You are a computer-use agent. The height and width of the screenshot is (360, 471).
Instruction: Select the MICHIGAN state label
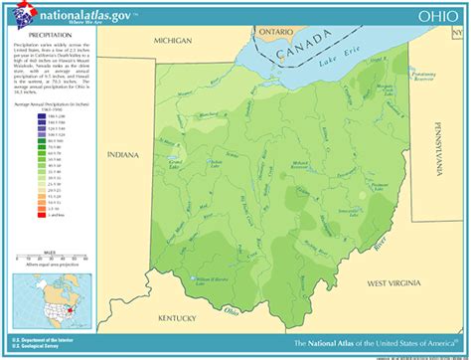[x=171, y=41]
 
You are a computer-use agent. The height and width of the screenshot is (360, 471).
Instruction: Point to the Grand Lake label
[x=175, y=161]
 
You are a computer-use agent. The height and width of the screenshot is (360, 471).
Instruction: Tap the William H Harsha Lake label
[x=200, y=281]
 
